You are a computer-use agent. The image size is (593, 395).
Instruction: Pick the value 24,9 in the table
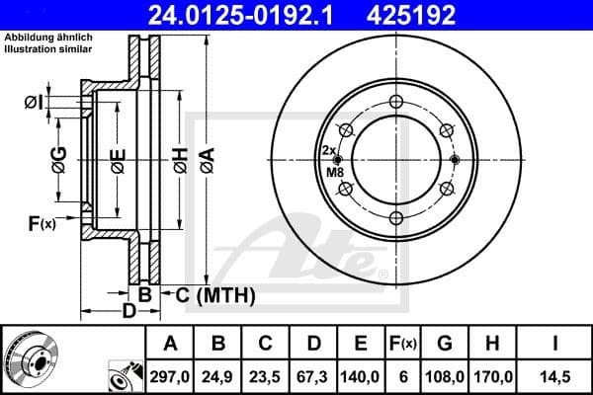tap(218, 376)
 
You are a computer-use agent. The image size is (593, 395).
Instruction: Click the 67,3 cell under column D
tap(313, 376)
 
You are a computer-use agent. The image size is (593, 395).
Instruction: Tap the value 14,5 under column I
tap(557, 376)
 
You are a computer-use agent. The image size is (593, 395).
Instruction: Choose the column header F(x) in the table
tap(403, 344)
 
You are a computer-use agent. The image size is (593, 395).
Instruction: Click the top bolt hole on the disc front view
tap(396, 101)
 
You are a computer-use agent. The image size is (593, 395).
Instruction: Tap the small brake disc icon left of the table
tap(35, 360)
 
